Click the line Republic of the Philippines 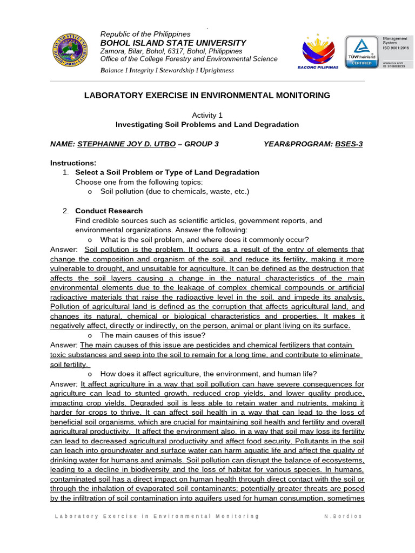[x=145, y=34]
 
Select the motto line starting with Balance [x=167, y=70]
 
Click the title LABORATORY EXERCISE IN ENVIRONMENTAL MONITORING [x=207, y=96]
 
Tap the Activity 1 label [x=207, y=115]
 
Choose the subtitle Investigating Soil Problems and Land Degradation [x=207, y=124]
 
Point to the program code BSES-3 [x=349, y=144]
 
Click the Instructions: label [x=73, y=163]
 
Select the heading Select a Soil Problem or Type [x=167, y=172]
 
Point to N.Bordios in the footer [x=344, y=516]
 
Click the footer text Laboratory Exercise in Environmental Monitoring [x=157, y=516]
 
